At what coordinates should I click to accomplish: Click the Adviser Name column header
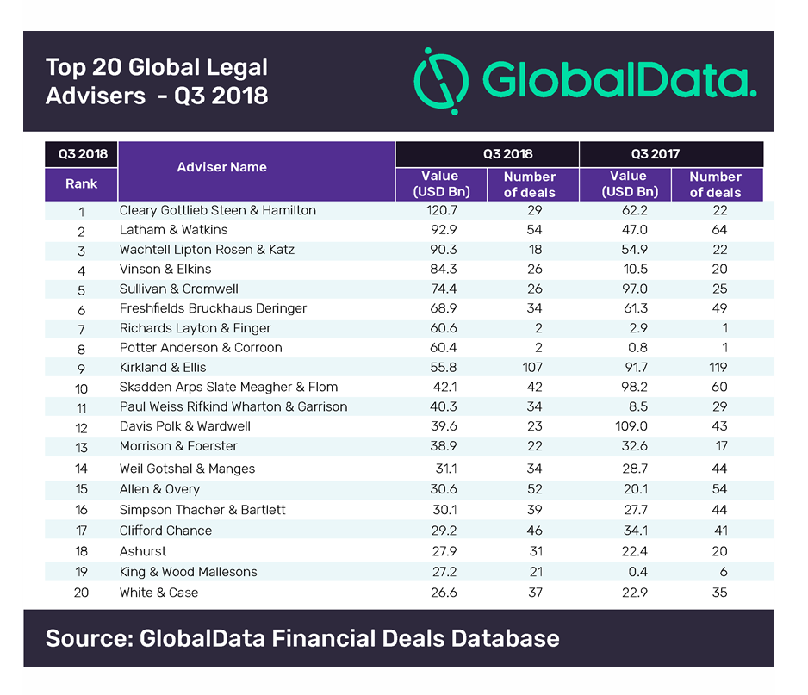221,167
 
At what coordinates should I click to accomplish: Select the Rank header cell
81,183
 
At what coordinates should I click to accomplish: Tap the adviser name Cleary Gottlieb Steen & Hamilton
217,210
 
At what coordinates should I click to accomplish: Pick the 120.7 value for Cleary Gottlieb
439,210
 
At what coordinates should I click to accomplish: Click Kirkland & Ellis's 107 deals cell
529,367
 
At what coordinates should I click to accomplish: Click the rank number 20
81,593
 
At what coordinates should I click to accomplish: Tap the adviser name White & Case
158,593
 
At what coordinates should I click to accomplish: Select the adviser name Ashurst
143,551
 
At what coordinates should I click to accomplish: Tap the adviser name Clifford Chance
165,531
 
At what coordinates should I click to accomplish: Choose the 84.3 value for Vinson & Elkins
439,270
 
